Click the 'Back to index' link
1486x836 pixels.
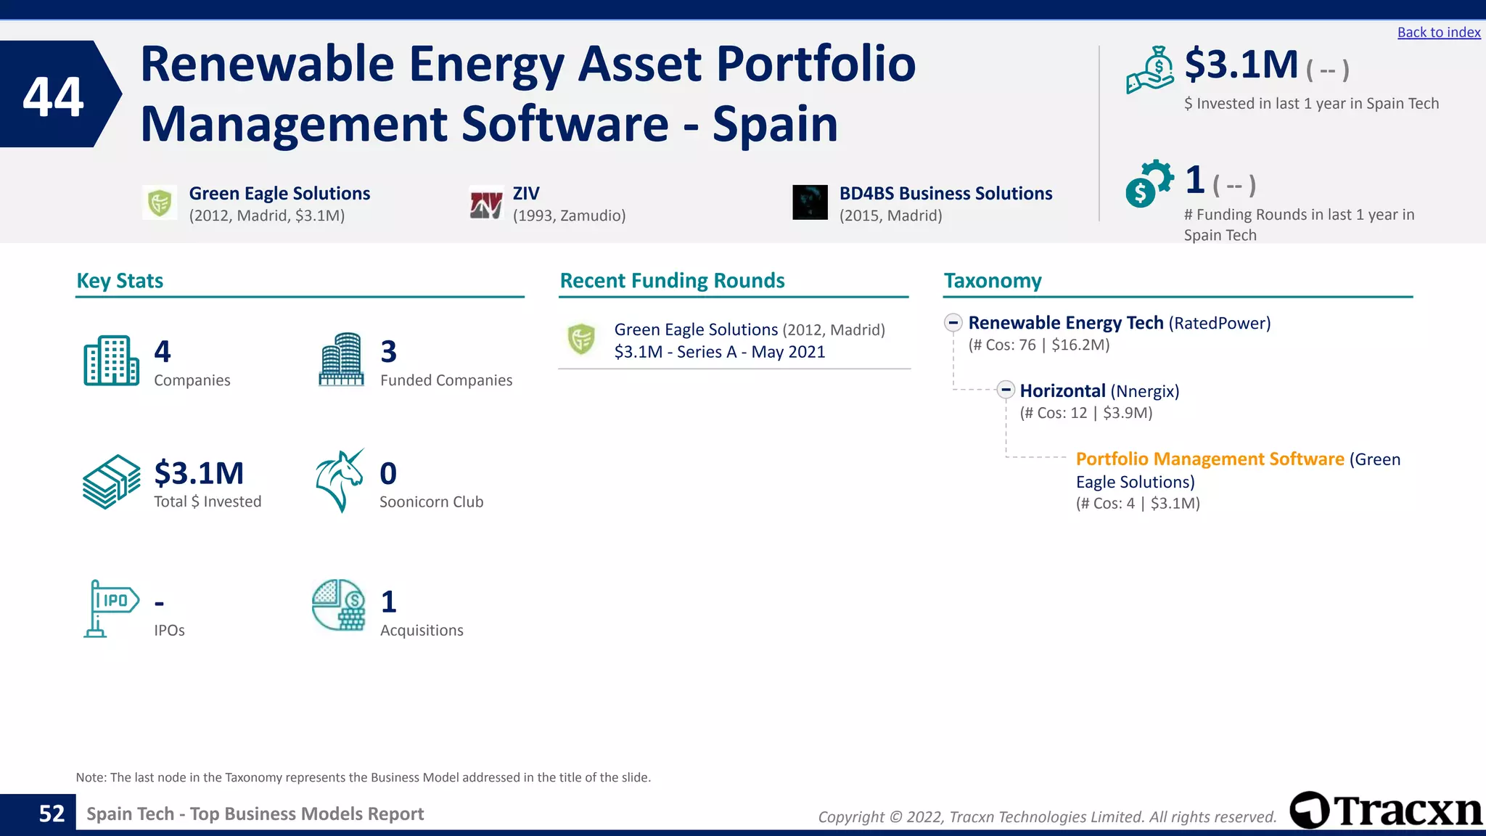coord(1438,32)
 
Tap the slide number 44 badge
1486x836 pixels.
coord(54,95)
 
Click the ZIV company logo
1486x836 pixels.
coord(485,203)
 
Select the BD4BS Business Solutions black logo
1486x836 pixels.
coord(810,202)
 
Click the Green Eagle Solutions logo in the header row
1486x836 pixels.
coord(160,202)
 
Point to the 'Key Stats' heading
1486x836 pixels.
coord(120,281)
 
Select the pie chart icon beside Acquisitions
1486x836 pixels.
coord(339,605)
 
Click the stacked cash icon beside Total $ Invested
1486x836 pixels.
coord(111,482)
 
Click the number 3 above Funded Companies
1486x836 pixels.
coord(389,352)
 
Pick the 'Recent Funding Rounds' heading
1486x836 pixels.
coord(672,281)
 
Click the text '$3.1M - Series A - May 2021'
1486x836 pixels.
coord(719,352)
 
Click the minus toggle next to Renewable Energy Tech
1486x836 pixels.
coord(953,322)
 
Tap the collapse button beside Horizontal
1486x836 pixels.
coord(1005,390)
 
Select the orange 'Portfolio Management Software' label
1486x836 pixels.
coord(1210,459)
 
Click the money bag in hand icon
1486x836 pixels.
coord(1149,70)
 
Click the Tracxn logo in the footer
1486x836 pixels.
coord(1386,811)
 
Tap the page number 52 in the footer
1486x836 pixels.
coord(52,814)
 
